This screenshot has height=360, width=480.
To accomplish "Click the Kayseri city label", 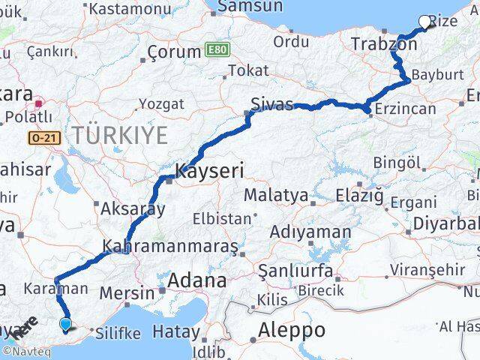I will pos(209,171).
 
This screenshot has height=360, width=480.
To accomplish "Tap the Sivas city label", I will pos(272,105).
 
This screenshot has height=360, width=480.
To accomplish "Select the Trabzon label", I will pos(384,45).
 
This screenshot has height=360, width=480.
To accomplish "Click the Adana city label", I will pos(197,281).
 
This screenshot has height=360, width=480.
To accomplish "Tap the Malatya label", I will pos(275,196).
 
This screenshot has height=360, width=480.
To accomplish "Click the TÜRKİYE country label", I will pos(119,135).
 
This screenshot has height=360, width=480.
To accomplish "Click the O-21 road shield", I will pos(43,138).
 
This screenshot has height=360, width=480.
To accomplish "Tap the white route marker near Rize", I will pos(425,22).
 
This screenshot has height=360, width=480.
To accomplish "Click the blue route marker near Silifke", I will pos(66,324).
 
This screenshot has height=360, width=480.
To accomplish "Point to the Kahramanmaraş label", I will pos(170,246).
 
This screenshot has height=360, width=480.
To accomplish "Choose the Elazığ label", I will pos(358,196).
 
